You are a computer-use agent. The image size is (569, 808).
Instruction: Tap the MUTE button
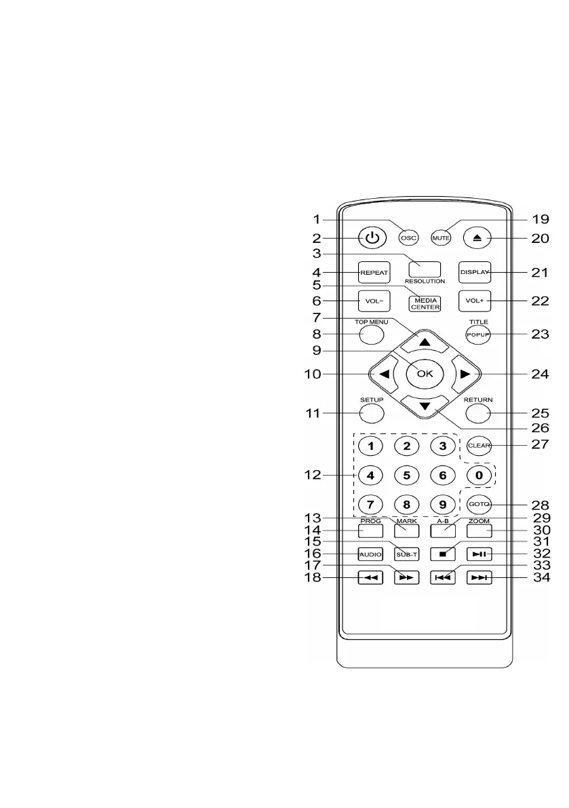click(441, 238)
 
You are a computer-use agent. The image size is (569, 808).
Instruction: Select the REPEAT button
click(373, 272)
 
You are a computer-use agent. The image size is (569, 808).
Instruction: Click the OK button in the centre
click(425, 372)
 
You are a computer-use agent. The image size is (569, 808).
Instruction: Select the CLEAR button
click(479, 446)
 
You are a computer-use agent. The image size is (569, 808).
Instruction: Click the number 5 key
click(406, 476)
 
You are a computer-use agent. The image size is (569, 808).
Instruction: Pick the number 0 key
click(479, 476)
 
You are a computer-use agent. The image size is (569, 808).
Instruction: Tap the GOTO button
click(479, 505)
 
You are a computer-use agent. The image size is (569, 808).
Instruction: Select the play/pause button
click(479, 554)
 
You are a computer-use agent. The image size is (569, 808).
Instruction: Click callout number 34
click(541, 578)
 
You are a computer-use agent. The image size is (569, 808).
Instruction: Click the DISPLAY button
click(473, 272)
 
